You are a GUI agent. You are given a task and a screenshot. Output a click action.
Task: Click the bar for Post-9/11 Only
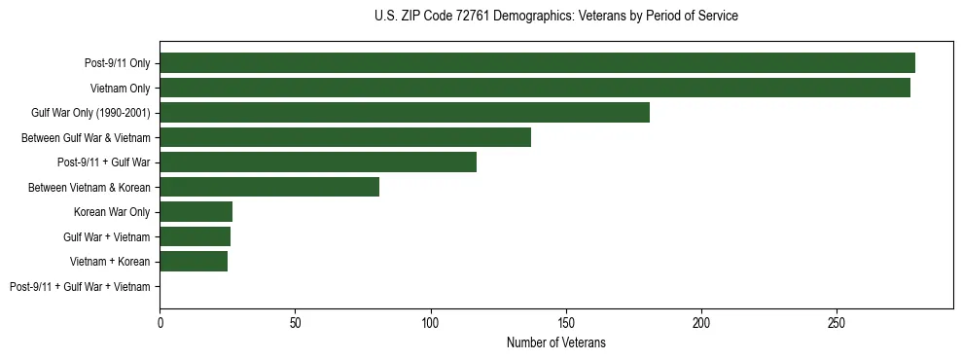click(537, 63)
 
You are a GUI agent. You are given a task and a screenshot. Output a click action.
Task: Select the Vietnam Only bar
click(535, 88)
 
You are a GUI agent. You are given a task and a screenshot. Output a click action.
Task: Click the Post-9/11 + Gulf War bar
click(318, 162)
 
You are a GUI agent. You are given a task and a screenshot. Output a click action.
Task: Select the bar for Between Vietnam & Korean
click(269, 187)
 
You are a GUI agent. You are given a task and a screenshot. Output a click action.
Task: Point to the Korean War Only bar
click(196, 212)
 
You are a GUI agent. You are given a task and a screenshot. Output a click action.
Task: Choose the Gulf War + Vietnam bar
click(195, 236)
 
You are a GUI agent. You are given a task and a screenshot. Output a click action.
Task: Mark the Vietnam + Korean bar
click(194, 262)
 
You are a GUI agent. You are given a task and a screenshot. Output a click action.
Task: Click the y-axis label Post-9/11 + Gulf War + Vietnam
click(80, 287)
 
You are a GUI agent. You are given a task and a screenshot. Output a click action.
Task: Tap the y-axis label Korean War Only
click(112, 212)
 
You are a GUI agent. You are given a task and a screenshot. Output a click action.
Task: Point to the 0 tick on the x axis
click(160, 322)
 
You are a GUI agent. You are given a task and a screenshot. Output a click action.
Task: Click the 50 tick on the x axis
click(296, 322)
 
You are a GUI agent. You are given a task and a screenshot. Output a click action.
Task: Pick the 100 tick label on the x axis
click(431, 322)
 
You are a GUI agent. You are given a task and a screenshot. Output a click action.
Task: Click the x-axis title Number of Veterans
click(556, 342)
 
